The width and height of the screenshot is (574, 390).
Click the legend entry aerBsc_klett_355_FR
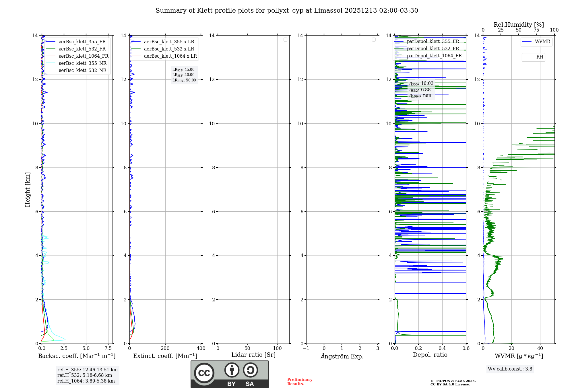click(82, 42)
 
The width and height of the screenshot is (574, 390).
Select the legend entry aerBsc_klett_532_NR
click(82, 71)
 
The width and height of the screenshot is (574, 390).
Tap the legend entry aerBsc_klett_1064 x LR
click(170, 56)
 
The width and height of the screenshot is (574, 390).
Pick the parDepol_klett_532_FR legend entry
click(433, 49)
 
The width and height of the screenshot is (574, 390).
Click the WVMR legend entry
click(542, 42)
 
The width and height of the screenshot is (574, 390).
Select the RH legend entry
click(540, 57)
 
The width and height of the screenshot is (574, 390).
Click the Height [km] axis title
click(28, 190)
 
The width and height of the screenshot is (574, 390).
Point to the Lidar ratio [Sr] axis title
click(253, 355)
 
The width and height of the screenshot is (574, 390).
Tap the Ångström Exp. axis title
click(342, 356)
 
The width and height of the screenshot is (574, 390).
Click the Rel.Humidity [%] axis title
click(519, 25)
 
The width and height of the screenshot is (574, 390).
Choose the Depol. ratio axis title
click(430, 355)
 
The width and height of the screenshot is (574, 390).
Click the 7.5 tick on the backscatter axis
click(108, 348)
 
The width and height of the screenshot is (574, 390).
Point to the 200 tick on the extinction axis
click(165, 348)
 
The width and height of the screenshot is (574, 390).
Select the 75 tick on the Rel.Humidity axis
click(536, 30)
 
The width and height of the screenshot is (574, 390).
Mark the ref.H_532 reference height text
click(85, 375)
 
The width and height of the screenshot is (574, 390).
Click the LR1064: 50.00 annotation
click(184, 80)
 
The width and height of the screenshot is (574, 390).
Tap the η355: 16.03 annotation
click(421, 83)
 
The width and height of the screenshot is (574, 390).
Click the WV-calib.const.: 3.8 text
click(510, 369)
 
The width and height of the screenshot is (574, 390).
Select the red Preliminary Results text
click(300, 382)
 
